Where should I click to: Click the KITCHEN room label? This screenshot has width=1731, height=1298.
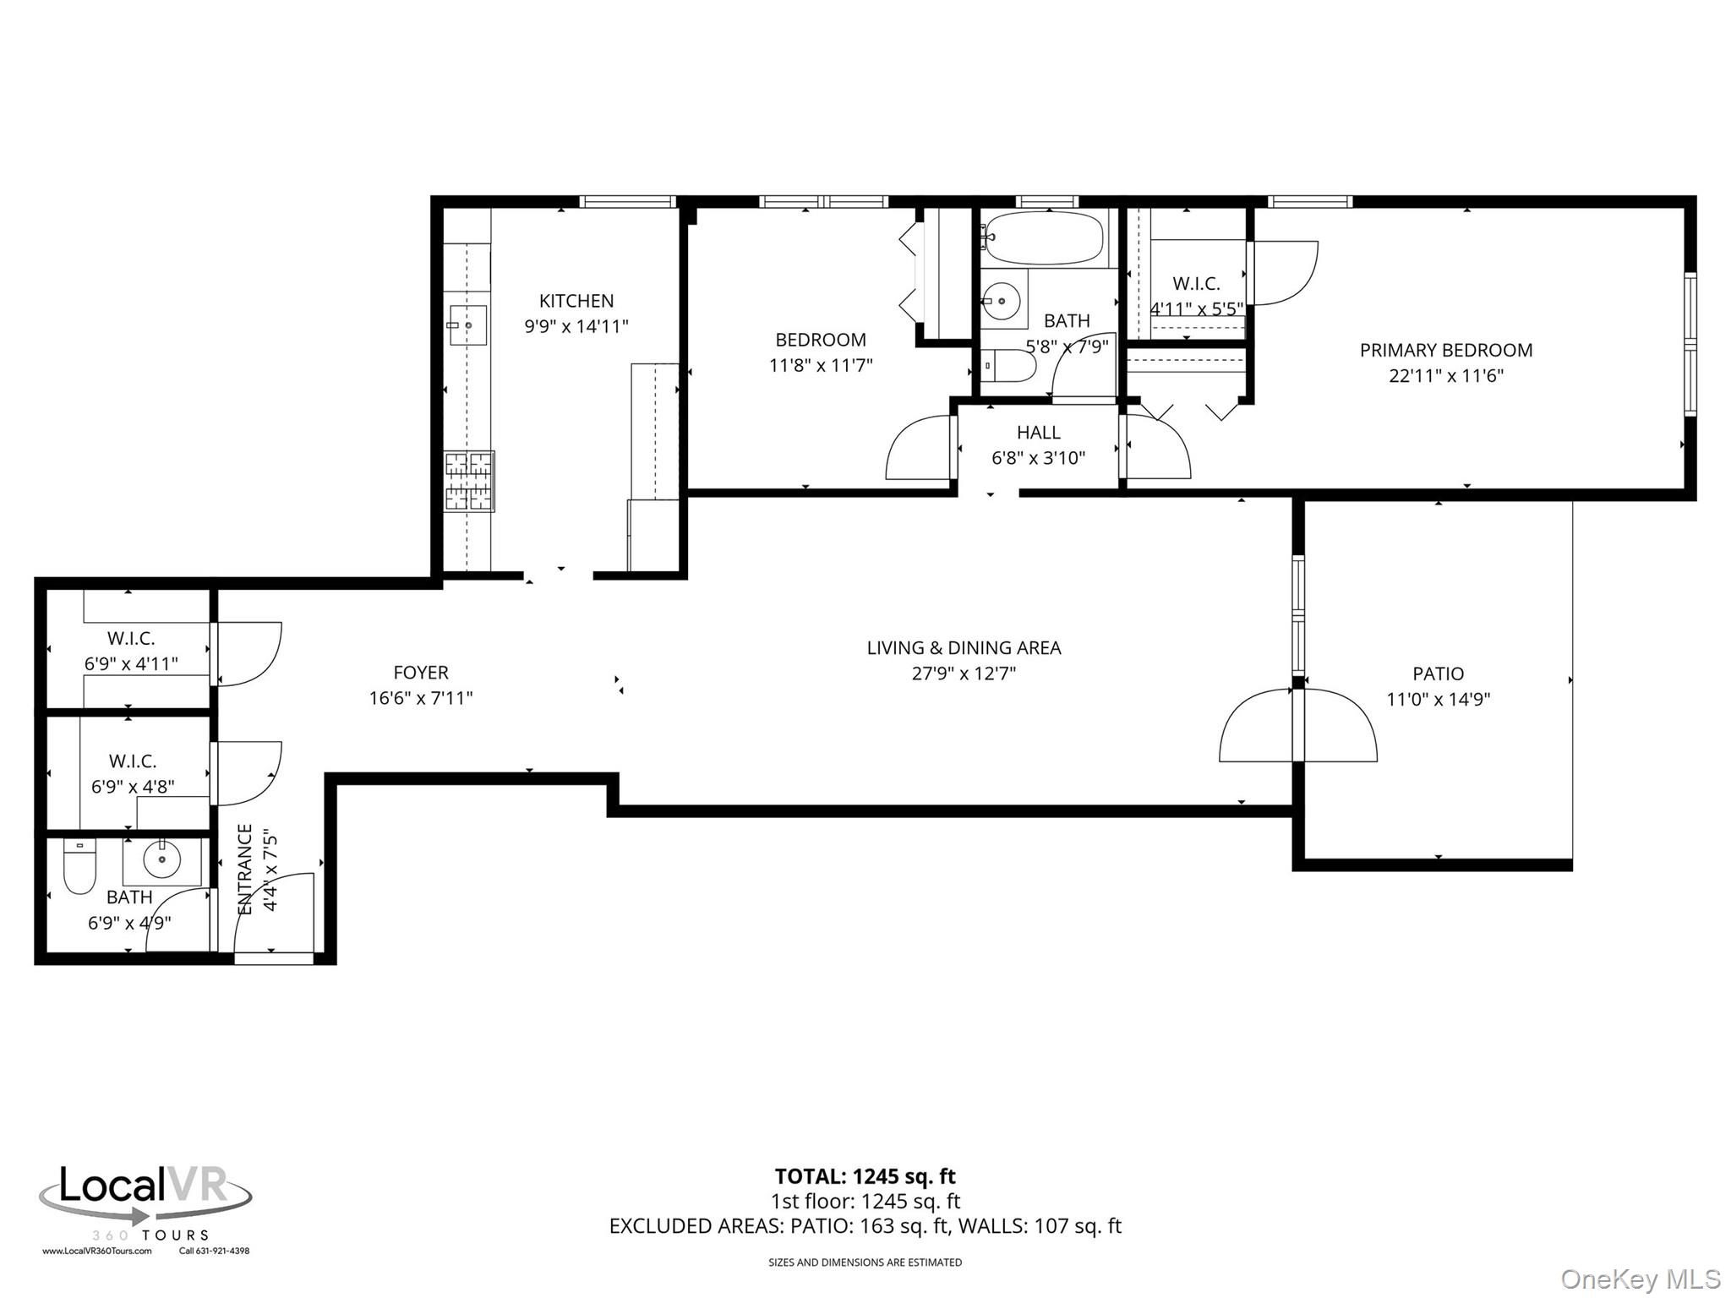click(576, 301)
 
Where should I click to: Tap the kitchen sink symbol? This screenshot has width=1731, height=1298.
click(467, 324)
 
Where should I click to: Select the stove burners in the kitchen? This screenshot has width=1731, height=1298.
click(469, 482)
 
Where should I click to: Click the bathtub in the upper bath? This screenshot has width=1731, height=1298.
click(1045, 237)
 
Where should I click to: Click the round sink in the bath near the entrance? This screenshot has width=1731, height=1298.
click(161, 861)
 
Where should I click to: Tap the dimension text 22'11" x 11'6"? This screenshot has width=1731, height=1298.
click(1445, 375)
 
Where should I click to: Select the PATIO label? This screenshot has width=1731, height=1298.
click(1438, 674)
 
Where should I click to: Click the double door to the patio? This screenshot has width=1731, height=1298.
click(1298, 727)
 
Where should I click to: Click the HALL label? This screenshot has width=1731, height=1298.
click(1038, 433)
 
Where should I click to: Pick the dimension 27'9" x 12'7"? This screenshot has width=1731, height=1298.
click(964, 674)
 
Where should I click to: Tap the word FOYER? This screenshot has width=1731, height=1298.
click(420, 673)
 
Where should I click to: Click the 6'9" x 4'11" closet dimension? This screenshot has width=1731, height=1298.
click(131, 663)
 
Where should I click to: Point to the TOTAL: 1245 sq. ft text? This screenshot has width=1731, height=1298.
click(865, 1176)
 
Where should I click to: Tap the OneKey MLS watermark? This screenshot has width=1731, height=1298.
click(1640, 1279)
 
